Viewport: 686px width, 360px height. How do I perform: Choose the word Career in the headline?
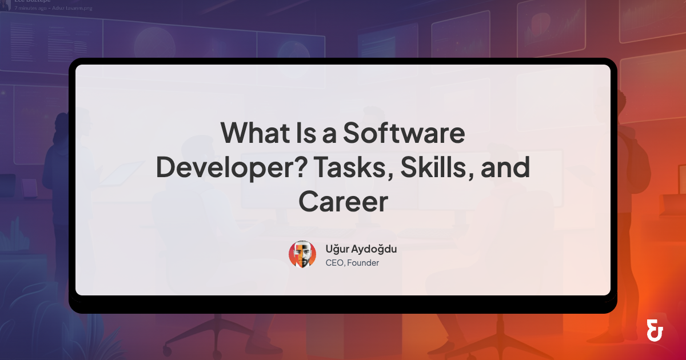pos(343,202)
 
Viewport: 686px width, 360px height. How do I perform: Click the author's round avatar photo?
pos(302,254)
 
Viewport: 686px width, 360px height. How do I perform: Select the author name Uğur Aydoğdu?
pos(361,249)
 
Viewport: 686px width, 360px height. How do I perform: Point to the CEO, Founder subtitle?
pos(352,263)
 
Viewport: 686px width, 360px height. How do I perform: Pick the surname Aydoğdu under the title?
pos(374,249)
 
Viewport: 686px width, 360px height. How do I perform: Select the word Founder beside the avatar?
pos(364,263)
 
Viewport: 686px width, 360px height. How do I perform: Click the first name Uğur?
pos(337,249)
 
